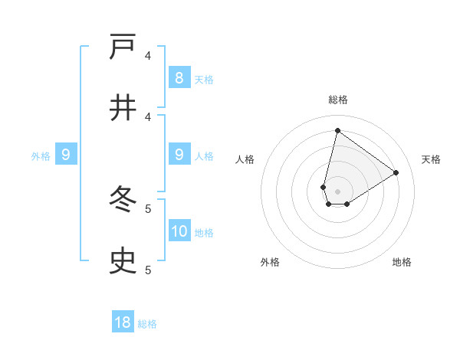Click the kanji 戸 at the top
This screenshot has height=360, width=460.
123,47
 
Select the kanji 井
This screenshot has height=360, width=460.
123,108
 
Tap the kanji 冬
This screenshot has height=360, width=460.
123,200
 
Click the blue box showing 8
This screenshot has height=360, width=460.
179,77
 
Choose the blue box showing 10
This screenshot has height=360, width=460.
179,231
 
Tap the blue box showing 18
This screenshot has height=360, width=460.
123,322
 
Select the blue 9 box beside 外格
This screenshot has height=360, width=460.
66,155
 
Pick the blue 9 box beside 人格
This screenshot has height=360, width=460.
179,154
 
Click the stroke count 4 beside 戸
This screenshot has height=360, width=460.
148,56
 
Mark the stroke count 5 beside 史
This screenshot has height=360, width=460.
148,270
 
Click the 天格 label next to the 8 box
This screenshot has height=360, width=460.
204,80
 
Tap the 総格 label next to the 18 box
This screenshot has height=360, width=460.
147,325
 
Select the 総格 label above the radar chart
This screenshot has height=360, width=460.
337,100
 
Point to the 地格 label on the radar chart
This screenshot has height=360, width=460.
402,262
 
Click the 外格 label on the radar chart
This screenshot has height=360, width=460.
270,262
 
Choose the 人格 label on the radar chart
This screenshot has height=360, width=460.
245,159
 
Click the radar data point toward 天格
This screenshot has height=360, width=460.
396,172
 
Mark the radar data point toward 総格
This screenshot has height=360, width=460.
337,130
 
